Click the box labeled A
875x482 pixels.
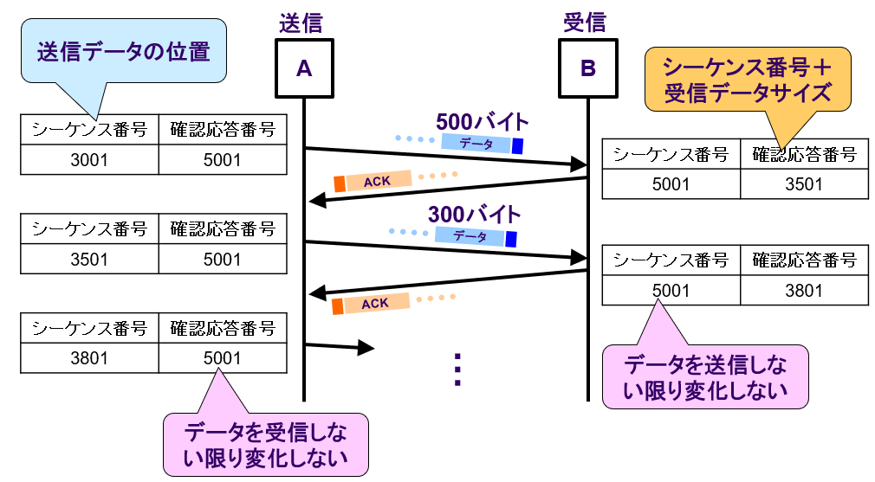pyautogui.click(x=304, y=68)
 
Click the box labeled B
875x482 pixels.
pyautogui.click(x=587, y=68)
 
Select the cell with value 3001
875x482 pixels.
pyautogui.click(x=89, y=160)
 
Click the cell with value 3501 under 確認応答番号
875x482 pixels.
pyautogui.click(x=804, y=183)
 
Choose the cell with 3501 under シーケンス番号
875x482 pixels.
pyautogui.click(x=89, y=259)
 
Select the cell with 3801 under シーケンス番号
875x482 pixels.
pyautogui.click(x=89, y=357)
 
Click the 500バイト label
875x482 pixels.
pyautogui.click(x=482, y=121)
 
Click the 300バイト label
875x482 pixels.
pyautogui.click(x=475, y=214)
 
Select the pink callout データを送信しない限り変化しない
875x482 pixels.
pyautogui.click(x=705, y=377)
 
